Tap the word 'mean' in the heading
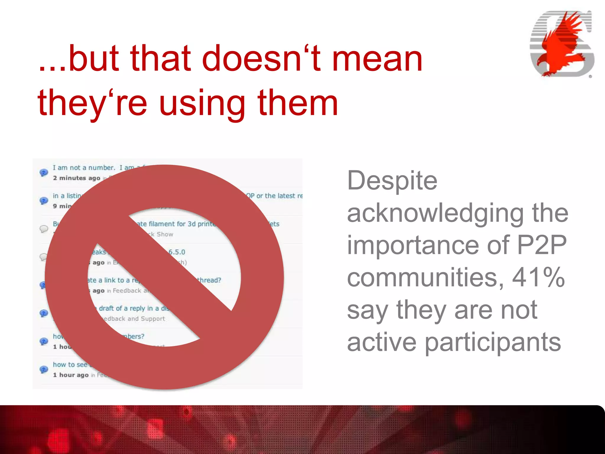coord(377,58)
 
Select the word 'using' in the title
coord(202,103)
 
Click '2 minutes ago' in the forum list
coord(77,178)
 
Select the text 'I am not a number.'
coord(84,168)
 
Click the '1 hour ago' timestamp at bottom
coord(71,375)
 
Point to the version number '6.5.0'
coord(177,252)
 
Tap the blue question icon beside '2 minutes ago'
coord(44,173)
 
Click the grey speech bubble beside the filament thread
coord(44,229)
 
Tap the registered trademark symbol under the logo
coord(590,77)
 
